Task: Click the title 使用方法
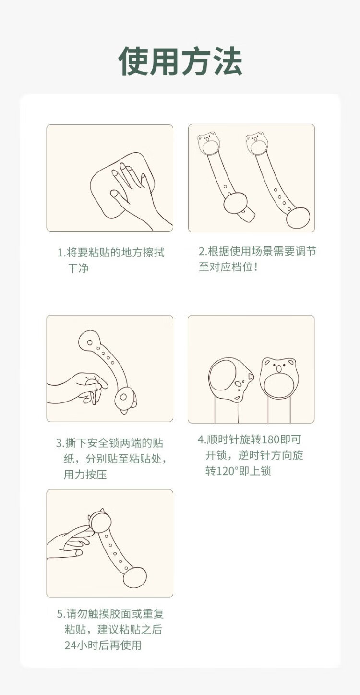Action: [x=180, y=61]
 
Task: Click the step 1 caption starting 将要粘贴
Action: [x=111, y=260]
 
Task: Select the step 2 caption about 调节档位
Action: [x=257, y=259]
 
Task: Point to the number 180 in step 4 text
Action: [x=270, y=439]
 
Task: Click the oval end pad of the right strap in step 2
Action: [x=298, y=218]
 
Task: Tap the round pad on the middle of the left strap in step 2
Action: [x=236, y=203]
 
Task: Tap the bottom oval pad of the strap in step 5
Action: [x=134, y=577]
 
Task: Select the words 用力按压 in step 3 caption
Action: [x=85, y=475]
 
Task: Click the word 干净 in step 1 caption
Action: [x=78, y=268]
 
